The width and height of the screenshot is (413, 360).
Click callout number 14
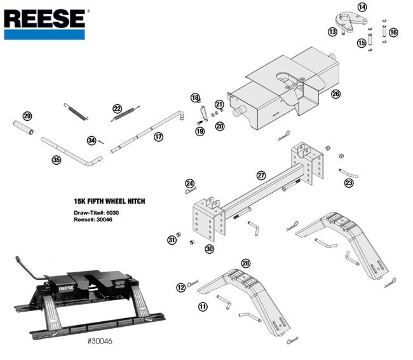(x=362, y=7)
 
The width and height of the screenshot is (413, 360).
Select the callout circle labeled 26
(x=335, y=94)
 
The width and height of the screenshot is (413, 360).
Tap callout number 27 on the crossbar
(x=261, y=175)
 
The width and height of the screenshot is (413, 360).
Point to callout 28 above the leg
(x=246, y=263)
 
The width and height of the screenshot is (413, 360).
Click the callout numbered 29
(x=27, y=116)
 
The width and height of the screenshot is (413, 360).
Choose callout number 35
(x=57, y=160)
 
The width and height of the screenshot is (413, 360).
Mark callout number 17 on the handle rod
(x=158, y=136)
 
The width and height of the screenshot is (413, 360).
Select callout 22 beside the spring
(x=117, y=109)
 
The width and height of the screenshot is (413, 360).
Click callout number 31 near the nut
(x=171, y=240)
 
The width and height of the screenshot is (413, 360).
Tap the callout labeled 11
(x=203, y=307)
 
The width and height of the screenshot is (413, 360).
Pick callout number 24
(x=181, y=288)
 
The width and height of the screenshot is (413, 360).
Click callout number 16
(x=393, y=32)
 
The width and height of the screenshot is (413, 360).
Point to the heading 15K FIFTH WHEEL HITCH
(x=109, y=201)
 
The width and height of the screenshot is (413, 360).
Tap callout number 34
(x=91, y=141)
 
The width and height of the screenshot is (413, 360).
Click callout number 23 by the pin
(x=348, y=183)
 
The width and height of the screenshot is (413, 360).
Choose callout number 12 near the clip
(x=181, y=288)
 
